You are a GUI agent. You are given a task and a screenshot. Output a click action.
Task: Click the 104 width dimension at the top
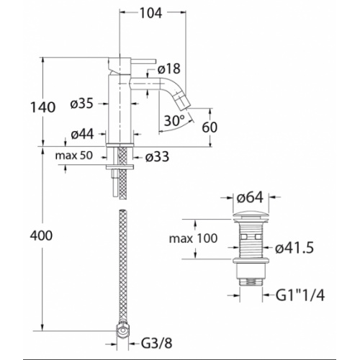[x=151, y=13]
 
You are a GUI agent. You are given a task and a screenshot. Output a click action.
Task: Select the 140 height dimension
[x=43, y=107]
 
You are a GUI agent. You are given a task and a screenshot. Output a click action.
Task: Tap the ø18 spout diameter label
[x=168, y=69]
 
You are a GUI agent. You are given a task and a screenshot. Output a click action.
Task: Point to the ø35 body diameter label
[x=81, y=104]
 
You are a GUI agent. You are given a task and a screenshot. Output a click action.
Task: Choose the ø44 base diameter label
[x=82, y=134]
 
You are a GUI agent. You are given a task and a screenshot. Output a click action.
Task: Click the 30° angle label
[x=174, y=120]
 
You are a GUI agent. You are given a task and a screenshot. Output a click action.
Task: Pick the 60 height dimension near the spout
[x=210, y=127]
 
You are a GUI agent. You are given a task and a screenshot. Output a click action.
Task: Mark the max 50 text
[x=74, y=156]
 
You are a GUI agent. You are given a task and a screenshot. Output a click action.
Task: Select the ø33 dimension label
[x=157, y=157]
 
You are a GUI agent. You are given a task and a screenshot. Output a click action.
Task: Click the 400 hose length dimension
[x=41, y=235]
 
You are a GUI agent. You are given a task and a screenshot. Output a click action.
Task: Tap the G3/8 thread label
[x=156, y=343]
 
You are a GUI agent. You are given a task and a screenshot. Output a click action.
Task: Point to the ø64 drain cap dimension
[x=250, y=197]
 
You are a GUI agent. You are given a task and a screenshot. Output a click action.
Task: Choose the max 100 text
[x=193, y=238]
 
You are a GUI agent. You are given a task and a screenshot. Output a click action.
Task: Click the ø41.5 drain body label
[x=294, y=248]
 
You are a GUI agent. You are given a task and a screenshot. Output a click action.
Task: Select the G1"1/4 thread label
[x=300, y=295]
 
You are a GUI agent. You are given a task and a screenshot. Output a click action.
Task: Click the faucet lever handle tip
[x=155, y=61]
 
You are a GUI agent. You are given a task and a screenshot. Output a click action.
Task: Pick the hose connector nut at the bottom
[x=123, y=330]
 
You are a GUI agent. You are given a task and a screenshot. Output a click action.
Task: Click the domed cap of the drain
[x=251, y=215]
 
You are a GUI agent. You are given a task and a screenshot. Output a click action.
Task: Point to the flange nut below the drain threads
[x=251, y=261]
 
